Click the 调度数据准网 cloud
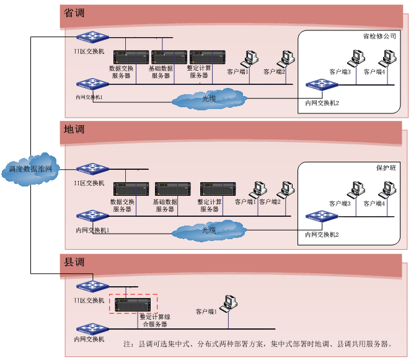(31, 169)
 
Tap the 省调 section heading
(74, 13)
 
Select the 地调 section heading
(74, 130)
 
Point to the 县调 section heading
(74, 261)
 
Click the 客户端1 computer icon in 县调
(231, 302)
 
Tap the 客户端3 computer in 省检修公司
(356, 58)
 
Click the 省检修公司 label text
(379, 37)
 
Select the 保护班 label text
(386, 168)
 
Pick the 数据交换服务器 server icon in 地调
(131, 190)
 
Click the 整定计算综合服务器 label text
(155, 320)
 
